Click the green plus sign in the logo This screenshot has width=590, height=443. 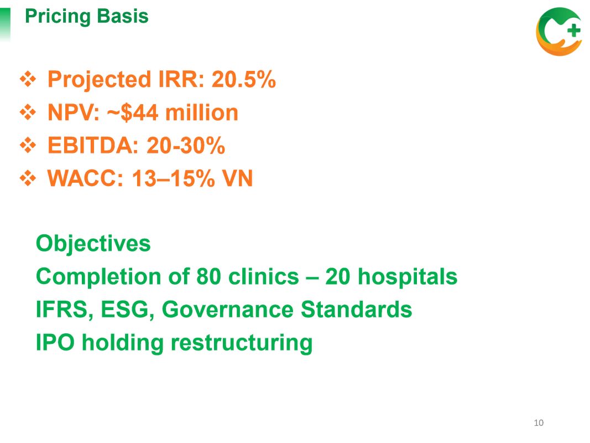point(573,30)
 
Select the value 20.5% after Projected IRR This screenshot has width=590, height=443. point(243,80)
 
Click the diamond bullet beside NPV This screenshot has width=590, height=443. point(28,112)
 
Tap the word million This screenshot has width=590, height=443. point(202,112)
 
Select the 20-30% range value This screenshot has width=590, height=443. point(185,146)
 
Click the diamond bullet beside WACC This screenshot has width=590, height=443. point(28,178)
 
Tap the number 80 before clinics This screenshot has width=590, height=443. point(208,276)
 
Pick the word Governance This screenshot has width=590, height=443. point(227,310)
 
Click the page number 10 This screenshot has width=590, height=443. point(539,423)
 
